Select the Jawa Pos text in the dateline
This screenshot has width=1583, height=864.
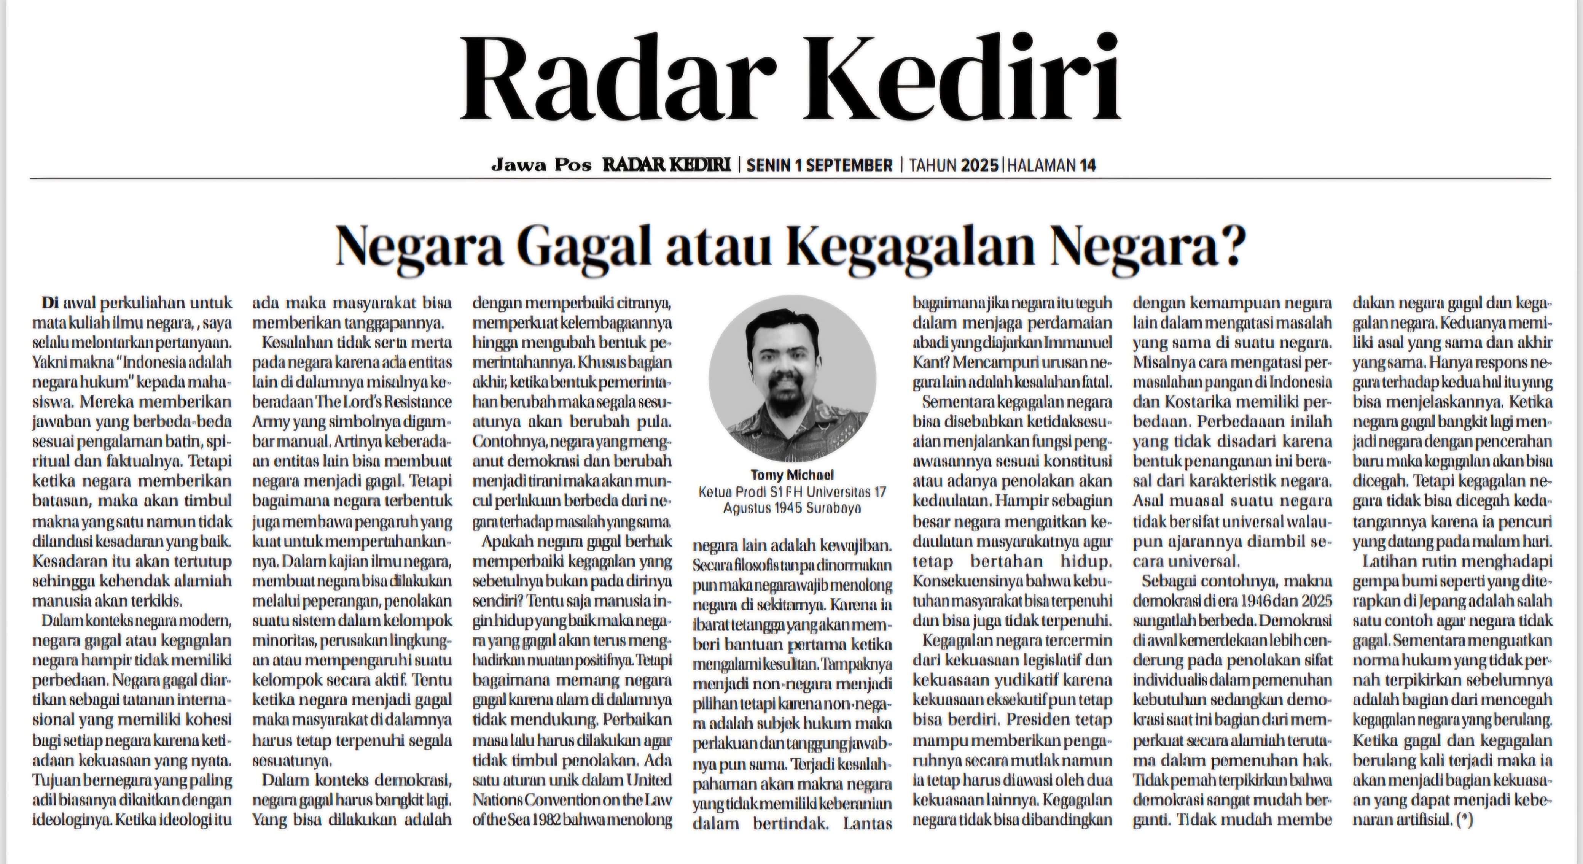pyautogui.click(x=541, y=165)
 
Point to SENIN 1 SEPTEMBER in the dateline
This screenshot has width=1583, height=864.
pyautogui.click(x=819, y=165)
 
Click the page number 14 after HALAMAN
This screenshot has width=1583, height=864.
pyautogui.click(x=1087, y=165)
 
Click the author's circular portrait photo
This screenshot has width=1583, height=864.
pyautogui.click(x=792, y=378)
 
